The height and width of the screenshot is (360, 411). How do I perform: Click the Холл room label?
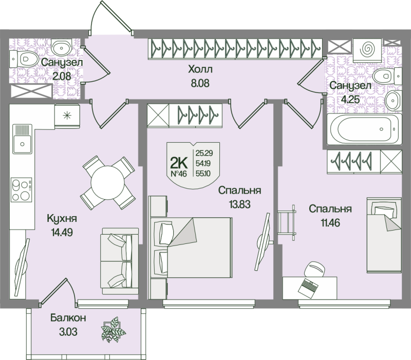click(x=200, y=69)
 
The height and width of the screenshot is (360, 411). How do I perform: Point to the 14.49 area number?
click(x=62, y=232)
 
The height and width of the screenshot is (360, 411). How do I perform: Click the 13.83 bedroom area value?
click(x=239, y=203)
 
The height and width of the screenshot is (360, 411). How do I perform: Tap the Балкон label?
click(x=68, y=318)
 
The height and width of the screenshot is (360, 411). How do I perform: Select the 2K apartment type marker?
click(x=178, y=163)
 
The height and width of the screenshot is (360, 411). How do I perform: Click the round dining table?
click(x=108, y=183)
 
